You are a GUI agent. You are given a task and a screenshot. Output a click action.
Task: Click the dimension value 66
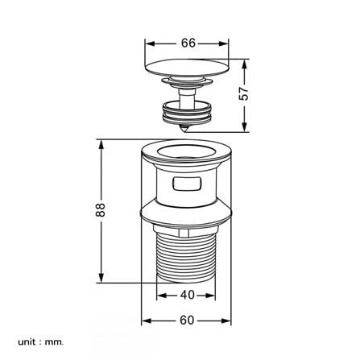click(x=188, y=43)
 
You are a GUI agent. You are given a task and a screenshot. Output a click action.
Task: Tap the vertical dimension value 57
click(x=244, y=93)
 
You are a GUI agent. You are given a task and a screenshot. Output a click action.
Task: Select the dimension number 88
click(x=101, y=209)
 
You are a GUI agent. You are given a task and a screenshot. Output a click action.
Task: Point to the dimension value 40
click(x=187, y=295)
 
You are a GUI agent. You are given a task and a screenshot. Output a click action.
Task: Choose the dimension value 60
click(x=187, y=321)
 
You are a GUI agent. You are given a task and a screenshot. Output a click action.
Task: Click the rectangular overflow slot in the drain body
click(x=187, y=184)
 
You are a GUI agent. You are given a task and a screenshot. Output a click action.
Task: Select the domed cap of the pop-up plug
click(x=187, y=67)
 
